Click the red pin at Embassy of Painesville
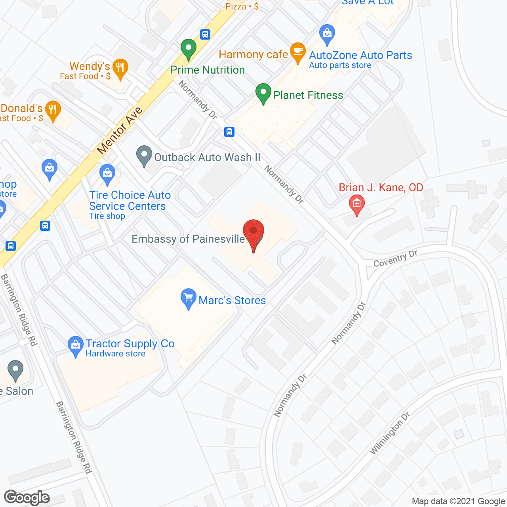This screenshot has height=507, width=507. click(253, 232)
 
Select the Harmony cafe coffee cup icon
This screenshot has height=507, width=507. click(297, 52)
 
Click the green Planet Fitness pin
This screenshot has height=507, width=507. click(263, 93)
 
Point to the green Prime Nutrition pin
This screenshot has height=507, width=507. click(189, 49)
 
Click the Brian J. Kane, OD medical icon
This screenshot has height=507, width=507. click(356, 205)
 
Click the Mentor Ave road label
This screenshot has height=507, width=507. click(119, 130)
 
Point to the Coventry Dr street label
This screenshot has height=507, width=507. click(395, 259)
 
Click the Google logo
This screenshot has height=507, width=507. click(27, 497)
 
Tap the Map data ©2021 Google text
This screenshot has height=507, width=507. click(458, 501)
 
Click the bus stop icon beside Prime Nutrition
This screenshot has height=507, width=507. click(205, 34)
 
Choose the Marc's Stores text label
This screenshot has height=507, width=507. click(232, 300)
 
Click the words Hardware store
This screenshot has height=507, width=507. click(115, 354)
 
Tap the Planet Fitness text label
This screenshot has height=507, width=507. click(308, 95)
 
